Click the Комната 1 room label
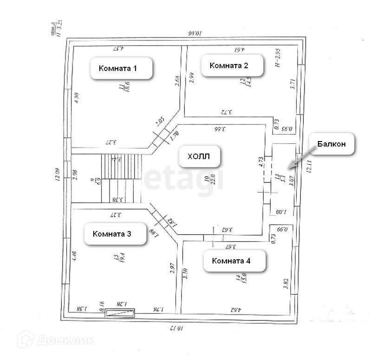coord(118,68)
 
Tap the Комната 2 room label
coord(229,65)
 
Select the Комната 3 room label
coord(112,234)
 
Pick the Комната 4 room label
coord(231,261)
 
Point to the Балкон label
coord(331,144)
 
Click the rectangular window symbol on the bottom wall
coord(120,314)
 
